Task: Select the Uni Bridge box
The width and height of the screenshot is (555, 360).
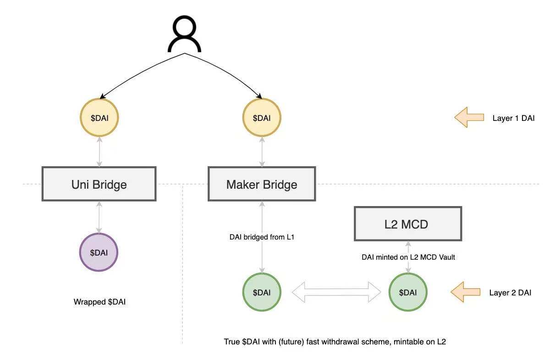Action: coord(99,184)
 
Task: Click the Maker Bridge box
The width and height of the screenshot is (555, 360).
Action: coord(262,184)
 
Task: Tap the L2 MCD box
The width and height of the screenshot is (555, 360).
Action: coord(407,224)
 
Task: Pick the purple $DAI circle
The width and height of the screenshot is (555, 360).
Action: coord(99,252)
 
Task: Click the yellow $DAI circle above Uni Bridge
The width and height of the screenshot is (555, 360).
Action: coord(99,118)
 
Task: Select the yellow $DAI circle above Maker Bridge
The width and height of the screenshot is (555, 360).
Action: coord(261,118)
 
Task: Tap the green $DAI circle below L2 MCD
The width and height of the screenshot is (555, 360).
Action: coord(407,292)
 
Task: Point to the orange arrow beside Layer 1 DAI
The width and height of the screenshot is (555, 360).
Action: coord(468,118)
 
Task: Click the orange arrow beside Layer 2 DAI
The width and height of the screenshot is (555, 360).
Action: coord(465,292)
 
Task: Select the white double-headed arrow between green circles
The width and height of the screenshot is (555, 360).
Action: coord(336,292)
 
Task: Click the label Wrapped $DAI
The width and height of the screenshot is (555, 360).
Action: coord(99,302)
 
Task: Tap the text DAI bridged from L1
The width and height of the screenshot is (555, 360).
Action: coord(261,237)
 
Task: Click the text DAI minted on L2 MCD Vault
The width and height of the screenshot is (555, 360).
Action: coord(408,257)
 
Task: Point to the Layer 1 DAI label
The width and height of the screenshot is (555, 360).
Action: coord(513,118)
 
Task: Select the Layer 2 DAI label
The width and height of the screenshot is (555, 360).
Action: coord(510,293)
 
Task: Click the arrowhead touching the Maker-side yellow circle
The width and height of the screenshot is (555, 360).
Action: coord(259,97)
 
